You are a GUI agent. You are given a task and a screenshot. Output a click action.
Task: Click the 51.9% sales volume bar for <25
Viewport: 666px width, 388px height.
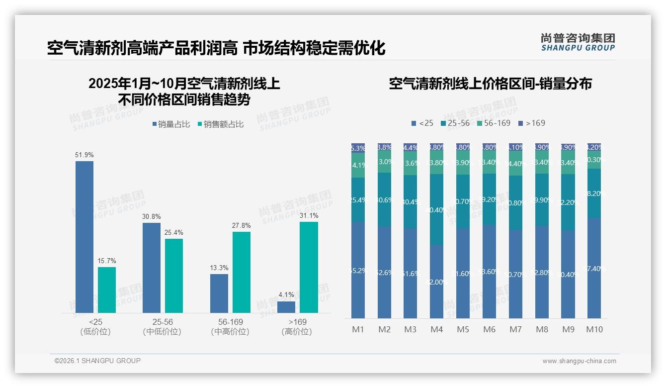(84, 237)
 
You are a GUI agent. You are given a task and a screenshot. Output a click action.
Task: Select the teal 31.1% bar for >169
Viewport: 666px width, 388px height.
(309, 267)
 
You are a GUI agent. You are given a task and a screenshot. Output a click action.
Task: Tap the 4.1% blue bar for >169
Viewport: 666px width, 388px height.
(286, 307)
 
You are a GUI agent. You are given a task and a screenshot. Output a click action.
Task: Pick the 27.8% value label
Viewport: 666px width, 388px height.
(241, 226)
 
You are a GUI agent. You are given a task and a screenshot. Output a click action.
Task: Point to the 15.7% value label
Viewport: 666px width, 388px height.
(107, 261)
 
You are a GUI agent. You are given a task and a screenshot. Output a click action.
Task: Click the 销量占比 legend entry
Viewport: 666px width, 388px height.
(171, 124)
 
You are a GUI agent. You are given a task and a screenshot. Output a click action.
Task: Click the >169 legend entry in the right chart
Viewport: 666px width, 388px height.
(531, 123)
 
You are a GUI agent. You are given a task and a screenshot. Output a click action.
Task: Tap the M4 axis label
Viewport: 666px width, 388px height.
(436, 329)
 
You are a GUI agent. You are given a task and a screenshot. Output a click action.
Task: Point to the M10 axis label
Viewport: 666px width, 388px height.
(594, 329)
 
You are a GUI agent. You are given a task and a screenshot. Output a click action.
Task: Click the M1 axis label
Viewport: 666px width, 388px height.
(358, 329)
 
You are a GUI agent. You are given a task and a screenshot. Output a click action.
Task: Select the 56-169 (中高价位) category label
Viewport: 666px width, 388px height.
(230, 327)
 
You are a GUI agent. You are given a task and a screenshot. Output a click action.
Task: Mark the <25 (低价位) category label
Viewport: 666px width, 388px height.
(95, 327)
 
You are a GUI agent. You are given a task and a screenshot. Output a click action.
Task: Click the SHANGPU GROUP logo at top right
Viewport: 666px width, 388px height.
(578, 42)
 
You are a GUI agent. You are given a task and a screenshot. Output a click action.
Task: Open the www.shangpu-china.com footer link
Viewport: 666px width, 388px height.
(579, 361)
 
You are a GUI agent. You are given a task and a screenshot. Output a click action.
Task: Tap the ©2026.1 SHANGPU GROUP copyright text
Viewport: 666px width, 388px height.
(97, 361)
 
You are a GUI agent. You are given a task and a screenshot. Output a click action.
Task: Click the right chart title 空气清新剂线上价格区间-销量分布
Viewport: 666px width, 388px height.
(490, 84)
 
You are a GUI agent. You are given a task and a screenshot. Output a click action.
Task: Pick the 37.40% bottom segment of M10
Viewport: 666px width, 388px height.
(594, 268)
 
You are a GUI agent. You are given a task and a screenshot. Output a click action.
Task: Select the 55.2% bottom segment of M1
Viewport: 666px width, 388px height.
(358, 270)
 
